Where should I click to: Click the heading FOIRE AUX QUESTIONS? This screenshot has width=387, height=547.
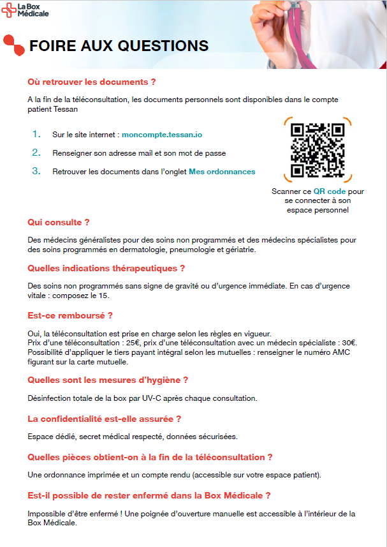coord(119,45)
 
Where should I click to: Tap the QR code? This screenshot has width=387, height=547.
coord(317,149)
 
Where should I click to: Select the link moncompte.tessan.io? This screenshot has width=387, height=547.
coord(162,135)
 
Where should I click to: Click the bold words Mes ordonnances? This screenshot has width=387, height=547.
coord(222,171)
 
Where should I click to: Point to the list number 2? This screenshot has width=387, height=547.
coord(36,153)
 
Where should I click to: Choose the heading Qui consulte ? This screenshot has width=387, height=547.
coord(59,222)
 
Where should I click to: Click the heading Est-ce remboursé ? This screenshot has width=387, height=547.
coord(70,315)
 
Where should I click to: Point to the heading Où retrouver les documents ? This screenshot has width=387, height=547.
coord(92,82)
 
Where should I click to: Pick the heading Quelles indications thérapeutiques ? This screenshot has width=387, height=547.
coord(106,268)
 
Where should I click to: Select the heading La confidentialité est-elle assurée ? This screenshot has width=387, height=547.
coord(105,419)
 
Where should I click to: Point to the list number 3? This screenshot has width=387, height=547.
coord(36,170)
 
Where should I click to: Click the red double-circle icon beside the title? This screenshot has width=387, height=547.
coord(13,44)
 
